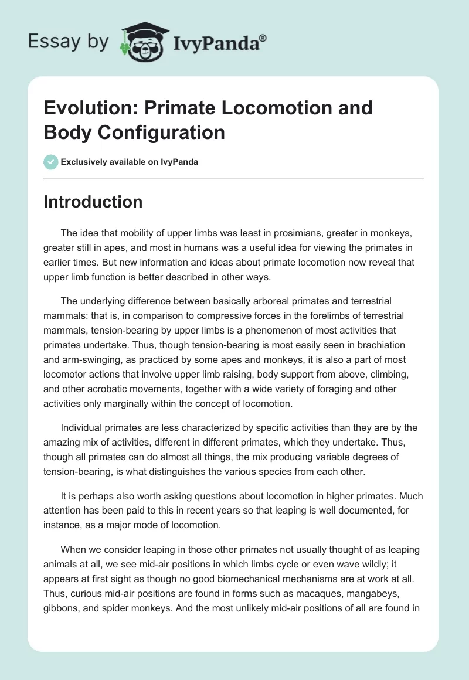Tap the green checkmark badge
click(x=51, y=162)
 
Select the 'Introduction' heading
click(x=93, y=202)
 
